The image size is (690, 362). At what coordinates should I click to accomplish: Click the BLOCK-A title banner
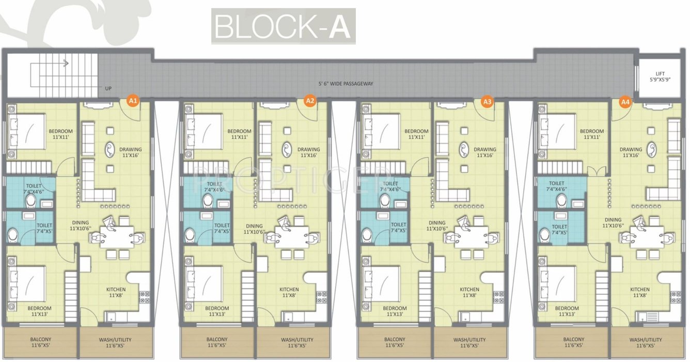283,26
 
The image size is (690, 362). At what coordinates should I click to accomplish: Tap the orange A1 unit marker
133,101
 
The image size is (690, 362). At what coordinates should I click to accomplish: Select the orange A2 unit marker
310,101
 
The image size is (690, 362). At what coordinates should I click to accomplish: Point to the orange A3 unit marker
487,101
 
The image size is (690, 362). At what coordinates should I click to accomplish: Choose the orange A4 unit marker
625,101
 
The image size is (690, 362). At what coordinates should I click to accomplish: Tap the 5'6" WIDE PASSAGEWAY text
346,84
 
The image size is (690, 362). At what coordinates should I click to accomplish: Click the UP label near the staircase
108,88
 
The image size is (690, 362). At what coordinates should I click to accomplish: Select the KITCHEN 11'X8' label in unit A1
116,293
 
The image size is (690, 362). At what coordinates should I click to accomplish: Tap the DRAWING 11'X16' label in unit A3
485,153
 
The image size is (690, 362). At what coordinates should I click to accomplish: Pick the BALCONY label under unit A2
217,342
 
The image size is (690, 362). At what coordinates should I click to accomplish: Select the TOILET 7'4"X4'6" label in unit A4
557,187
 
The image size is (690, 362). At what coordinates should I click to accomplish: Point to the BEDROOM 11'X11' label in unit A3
416,134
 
